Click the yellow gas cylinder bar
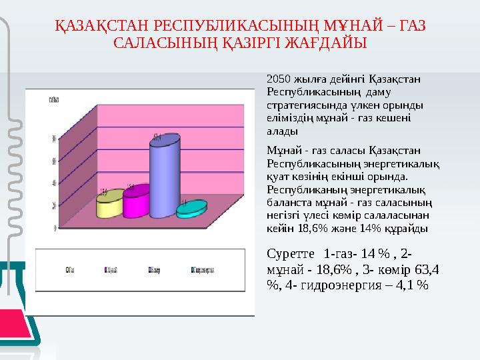(110, 205)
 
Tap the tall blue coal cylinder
(164, 177)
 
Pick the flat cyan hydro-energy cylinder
(191, 209)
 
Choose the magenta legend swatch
(107, 270)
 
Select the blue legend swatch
(150, 270)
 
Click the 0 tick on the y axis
(54, 228)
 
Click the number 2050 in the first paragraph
(277, 79)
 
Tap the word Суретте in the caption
(290, 254)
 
